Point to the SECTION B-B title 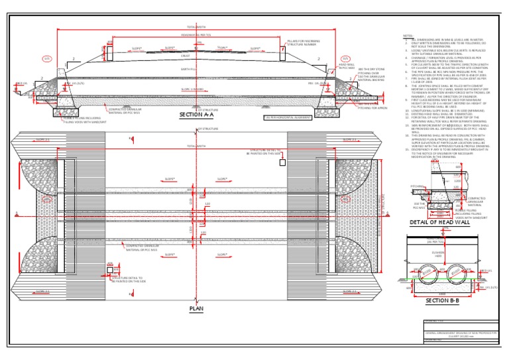(438, 300)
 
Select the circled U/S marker (48, 59)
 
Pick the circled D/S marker (345, 59)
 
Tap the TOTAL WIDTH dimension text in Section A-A (196, 28)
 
